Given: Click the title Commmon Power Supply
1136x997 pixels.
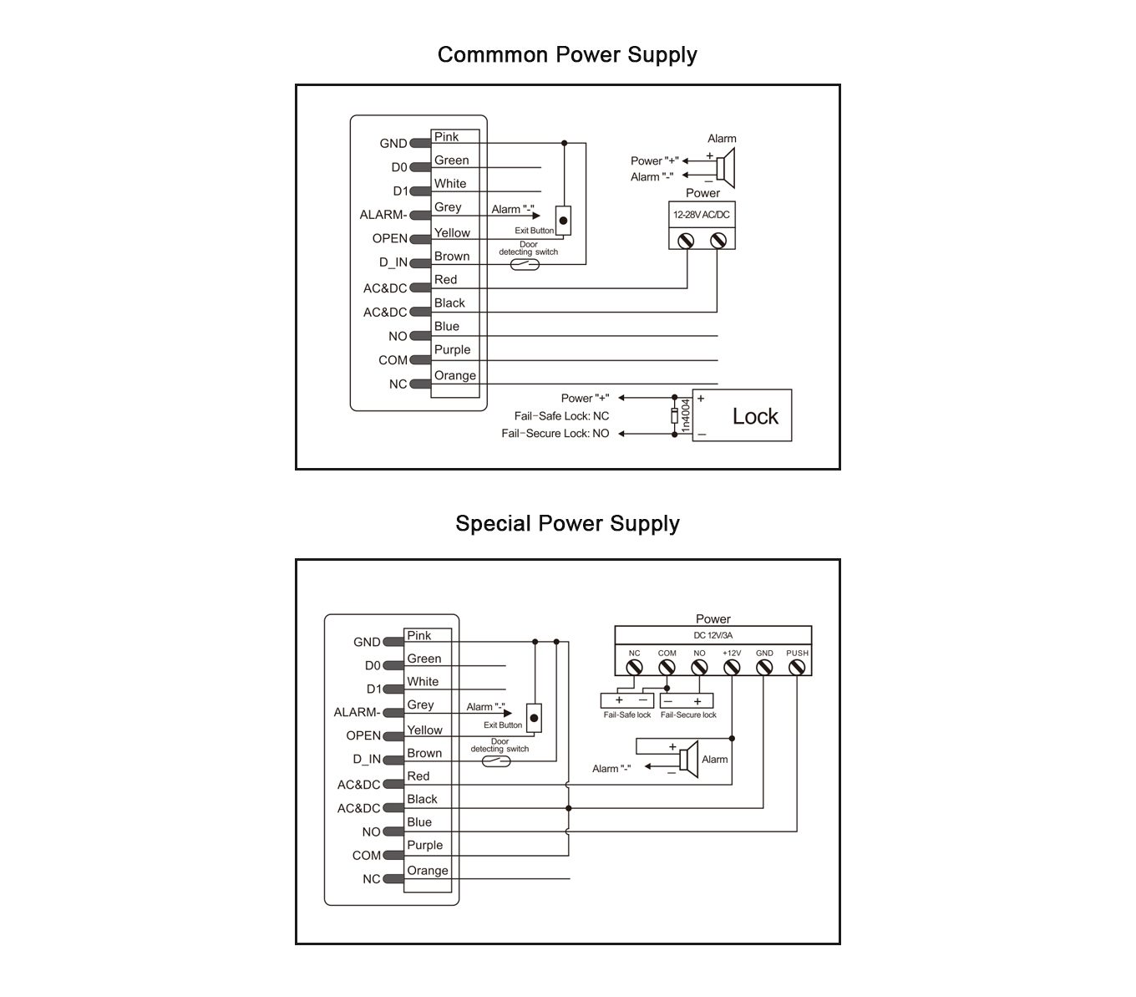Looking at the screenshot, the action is click(x=567, y=55).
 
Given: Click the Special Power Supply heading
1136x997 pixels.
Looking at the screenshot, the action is click(x=567, y=523).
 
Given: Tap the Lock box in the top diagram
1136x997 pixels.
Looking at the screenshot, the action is click(x=742, y=415).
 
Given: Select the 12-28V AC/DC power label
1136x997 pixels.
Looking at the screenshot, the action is click(x=702, y=214).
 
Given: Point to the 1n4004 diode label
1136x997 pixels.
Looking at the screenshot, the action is click(x=685, y=415).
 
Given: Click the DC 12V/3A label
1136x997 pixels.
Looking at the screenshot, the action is click(x=713, y=635).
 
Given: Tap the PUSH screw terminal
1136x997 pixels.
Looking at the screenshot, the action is click(x=797, y=667).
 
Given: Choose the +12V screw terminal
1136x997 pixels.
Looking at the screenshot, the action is click(x=732, y=667).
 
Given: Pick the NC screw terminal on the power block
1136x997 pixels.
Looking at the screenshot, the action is click(x=634, y=667).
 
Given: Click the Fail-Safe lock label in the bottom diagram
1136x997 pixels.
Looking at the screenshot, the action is click(x=626, y=715).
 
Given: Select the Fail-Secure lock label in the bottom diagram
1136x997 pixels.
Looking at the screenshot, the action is click(x=688, y=715).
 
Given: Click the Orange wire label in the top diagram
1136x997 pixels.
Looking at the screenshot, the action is click(x=454, y=375).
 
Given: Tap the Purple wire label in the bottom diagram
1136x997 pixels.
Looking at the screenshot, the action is click(x=424, y=845).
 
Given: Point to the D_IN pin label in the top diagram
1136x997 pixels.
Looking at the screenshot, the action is click(x=393, y=262).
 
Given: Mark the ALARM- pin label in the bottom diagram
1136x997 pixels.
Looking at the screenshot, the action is click(x=357, y=712).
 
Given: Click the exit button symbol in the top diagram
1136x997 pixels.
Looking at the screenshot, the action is click(x=563, y=221).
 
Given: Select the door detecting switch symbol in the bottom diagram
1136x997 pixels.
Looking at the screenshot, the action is click(x=496, y=761).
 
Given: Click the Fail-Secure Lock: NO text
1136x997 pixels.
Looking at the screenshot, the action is click(x=555, y=433).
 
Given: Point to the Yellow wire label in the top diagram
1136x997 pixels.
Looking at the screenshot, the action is click(x=452, y=233).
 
